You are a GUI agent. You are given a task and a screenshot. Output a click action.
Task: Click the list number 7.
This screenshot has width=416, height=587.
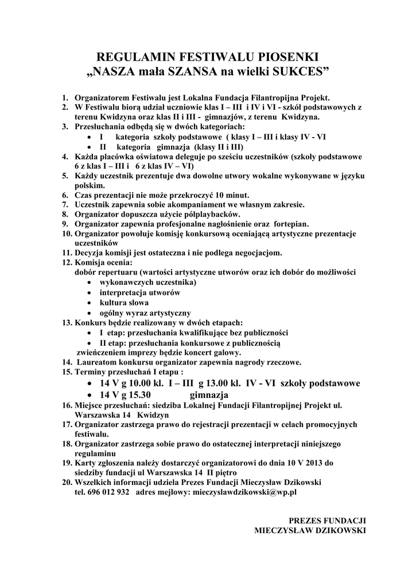tap(66, 204)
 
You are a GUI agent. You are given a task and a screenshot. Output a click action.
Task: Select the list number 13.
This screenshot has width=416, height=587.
tap(66, 322)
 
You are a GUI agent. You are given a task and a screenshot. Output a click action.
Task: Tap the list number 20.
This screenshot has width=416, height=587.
tap(66, 482)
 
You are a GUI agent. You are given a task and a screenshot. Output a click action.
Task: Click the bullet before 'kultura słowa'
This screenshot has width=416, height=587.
tap(88, 302)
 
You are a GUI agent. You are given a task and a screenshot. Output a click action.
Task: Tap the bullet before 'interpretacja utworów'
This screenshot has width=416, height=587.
tap(88, 292)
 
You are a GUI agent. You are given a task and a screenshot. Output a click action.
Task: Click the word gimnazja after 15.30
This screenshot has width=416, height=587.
tap(209, 395)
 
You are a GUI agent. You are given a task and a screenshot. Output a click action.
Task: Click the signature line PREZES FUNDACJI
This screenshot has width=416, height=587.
tap(327, 521)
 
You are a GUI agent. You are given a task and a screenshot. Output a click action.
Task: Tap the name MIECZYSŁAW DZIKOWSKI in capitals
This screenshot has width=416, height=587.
tap(310, 530)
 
